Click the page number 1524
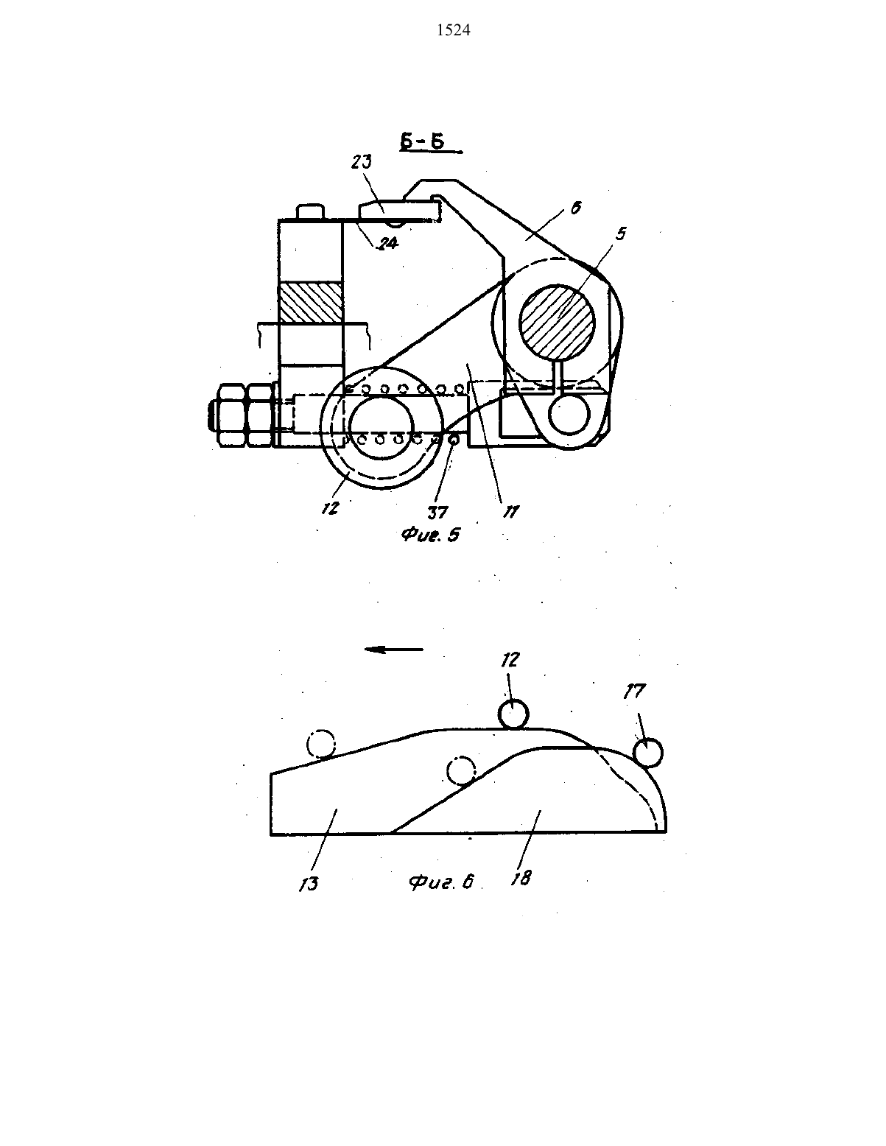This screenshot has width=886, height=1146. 454,31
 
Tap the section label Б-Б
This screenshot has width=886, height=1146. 422,141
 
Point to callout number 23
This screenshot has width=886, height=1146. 362,162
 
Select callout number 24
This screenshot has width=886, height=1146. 388,243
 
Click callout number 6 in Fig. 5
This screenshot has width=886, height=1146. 575,208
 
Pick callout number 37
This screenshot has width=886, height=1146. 437,512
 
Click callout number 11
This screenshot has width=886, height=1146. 511,511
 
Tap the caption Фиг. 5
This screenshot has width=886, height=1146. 430,535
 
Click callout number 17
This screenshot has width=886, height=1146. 634,692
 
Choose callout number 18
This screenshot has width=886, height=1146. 521,878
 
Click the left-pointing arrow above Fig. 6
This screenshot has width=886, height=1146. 394,649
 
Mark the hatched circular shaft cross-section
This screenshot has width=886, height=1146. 557,322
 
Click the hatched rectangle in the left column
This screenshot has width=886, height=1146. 311,302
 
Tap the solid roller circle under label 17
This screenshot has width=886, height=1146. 647,753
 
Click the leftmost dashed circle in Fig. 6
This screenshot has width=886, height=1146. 320,744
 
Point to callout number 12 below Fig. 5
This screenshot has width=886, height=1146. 330,508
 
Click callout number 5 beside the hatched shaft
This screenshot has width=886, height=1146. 621,233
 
